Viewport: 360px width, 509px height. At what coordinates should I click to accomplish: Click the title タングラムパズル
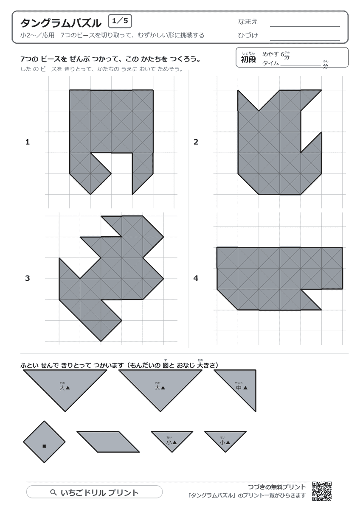pos(61,23)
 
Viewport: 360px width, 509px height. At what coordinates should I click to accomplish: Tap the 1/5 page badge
pos(120,21)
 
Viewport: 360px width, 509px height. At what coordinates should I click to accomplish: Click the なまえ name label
pos(247,22)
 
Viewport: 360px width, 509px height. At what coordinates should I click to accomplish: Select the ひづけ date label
pos(248,36)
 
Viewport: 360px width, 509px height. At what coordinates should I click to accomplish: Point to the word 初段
pos(248,59)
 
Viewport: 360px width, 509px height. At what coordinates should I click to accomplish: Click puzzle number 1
pos(28,142)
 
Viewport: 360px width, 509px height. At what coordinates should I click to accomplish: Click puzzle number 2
pos(196,142)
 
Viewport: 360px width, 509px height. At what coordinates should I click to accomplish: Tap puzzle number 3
pos(27,278)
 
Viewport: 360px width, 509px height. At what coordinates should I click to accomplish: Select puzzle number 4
pos(196,278)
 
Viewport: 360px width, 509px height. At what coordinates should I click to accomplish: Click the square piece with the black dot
pos(44,442)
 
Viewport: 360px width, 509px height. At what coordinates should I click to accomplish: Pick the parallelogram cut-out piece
pos(108,442)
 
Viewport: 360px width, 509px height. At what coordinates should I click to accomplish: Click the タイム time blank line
pos(301,66)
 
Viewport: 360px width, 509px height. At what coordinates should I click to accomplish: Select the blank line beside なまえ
pos(305,26)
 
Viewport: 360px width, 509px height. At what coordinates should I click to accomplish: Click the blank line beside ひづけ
pos(305,40)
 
